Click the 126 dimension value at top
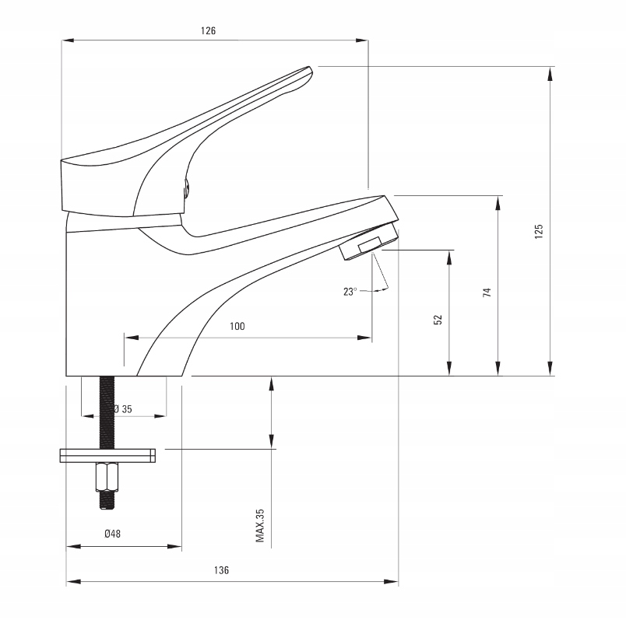(x=207, y=31)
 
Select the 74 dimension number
(x=487, y=292)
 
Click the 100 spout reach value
(x=237, y=327)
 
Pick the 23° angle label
(x=350, y=292)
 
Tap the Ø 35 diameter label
(x=121, y=409)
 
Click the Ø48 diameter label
(x=112, y=534)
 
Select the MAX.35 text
(x=260, y=526)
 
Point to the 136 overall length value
(x=222, y=570)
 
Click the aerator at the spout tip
(x=370, y=243)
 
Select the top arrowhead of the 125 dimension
(x=551, y=72)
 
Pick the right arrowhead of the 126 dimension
(x=363, y=40)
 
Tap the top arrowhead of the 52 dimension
(x=449, y=255)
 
